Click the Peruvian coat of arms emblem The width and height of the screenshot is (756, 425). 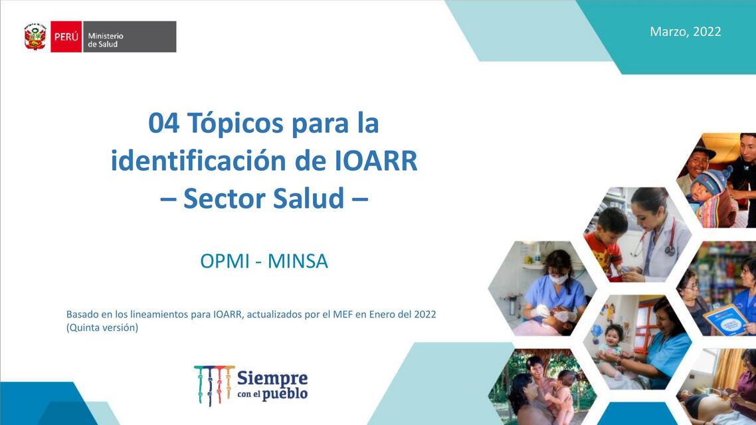[35, 37]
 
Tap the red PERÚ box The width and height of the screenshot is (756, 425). [66, 37]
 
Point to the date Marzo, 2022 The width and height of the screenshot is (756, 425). [685, 31]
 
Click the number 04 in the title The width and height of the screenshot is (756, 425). [163, 124]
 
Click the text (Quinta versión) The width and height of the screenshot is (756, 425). [102, 327]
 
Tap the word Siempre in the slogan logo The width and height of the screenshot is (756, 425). [272, 379]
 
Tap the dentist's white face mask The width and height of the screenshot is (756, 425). [559, 280]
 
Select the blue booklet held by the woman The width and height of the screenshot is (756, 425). [726, 319]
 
